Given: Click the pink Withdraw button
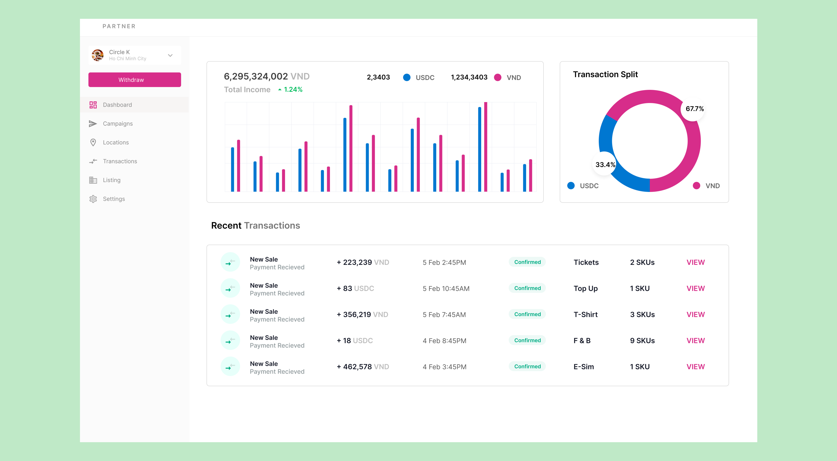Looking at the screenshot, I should pos(135,80).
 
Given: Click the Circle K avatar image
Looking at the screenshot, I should pos(97,55).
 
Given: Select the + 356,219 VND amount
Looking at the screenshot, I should pos(362,314).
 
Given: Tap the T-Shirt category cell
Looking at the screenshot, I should pos(585,314).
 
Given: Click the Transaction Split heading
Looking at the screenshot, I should pos(605,74).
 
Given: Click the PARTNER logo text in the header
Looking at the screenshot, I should pos(119,26).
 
